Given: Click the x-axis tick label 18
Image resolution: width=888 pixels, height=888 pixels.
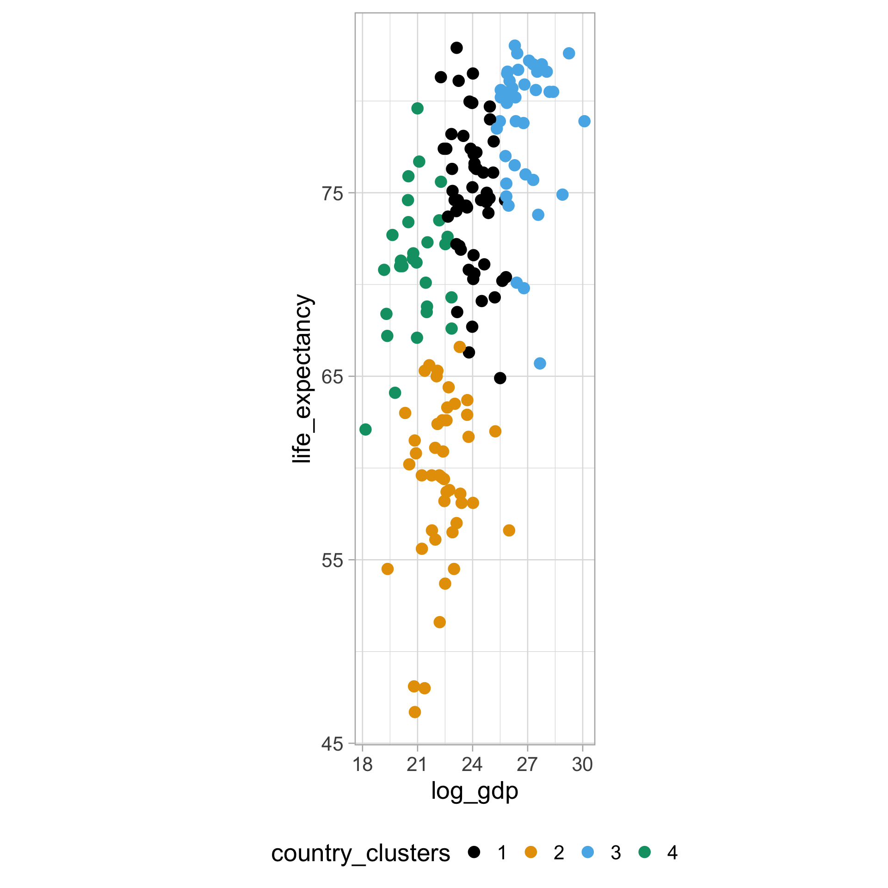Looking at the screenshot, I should click(363, 765).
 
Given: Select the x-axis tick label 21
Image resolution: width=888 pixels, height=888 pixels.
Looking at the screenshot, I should click(417, 765).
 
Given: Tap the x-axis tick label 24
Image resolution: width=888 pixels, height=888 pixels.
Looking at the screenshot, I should click(472, 765).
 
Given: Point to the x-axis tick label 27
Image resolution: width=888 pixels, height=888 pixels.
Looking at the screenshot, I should click(527, 765).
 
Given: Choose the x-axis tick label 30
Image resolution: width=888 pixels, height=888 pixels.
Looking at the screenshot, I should click(582, 765).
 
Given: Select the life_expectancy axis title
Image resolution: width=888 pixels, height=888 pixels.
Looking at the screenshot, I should click(303, 378).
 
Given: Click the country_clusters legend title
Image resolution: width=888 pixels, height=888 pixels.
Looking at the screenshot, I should click(360, 853).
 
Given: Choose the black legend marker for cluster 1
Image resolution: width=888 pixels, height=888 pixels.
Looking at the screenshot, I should click(474, 852).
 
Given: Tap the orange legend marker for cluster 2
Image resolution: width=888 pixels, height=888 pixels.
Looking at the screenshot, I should click(531, 852).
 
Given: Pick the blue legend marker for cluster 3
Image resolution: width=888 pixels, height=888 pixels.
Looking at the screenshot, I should click(588, 852).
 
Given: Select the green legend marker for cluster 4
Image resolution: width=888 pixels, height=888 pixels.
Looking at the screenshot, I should click(644, 852).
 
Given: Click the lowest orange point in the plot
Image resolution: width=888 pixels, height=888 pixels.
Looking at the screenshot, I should click(415, 712).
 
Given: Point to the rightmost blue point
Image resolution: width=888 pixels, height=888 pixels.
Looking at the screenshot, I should click(584, 121).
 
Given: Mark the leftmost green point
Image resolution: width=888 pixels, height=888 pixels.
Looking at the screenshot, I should click(365, 430).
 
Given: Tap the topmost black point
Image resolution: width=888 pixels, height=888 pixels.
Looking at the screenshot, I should click(456, 48).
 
